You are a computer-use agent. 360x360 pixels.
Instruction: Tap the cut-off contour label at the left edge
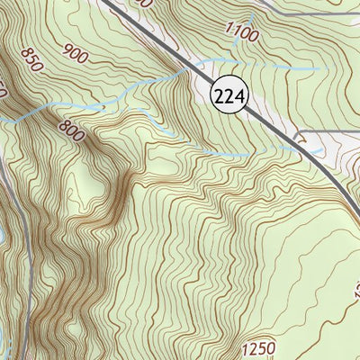tap(4, 90)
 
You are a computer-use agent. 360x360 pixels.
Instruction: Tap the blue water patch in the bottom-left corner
tap(4, 346)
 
